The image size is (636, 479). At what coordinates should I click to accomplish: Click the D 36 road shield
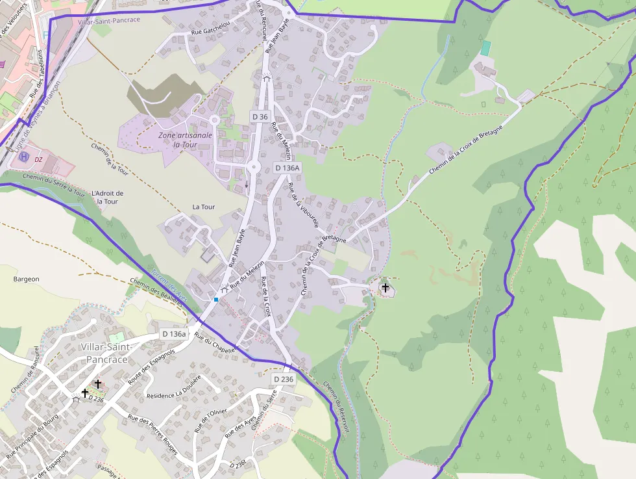[260, 116]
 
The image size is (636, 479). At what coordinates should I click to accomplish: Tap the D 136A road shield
[287, 168]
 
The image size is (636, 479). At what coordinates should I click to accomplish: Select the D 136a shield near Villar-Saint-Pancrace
[174, 334]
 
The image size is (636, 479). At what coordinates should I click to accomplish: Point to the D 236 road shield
[284, 379]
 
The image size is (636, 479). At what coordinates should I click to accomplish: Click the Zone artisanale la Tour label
[185, 140]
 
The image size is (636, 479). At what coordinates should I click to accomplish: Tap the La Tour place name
[203, 207]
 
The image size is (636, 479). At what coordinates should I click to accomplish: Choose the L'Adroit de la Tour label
[108, 197]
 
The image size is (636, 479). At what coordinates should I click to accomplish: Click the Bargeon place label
[26, 279]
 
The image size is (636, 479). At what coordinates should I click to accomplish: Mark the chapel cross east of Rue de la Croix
[385, 287]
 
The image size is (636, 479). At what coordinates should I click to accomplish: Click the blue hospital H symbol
[24, 157]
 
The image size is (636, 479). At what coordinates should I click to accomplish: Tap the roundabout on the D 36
[252, 166]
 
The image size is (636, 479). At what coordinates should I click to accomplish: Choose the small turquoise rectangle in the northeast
[485, 48]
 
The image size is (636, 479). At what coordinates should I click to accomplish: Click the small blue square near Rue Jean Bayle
[216, 299]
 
